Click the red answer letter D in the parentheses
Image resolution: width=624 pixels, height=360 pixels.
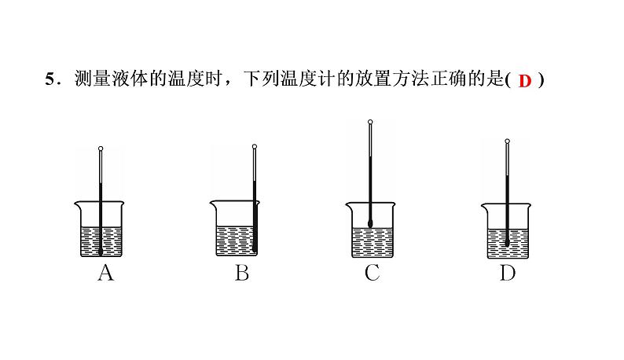coord(526,81)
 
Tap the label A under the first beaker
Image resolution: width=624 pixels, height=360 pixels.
coord(105,274)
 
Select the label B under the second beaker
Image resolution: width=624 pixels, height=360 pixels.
coord(241,274)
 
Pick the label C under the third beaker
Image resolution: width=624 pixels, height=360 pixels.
coord(373,274)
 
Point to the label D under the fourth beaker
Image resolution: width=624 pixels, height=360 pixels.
coord(507,274)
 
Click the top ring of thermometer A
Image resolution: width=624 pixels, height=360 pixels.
coord(101,148)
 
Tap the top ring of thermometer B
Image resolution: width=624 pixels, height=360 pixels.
coord(254,146)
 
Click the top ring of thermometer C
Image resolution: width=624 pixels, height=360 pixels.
coord(370,122)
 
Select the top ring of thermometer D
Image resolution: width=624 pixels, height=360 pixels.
coord(507,142)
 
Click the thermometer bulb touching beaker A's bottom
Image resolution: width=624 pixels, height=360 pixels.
coord(101,251)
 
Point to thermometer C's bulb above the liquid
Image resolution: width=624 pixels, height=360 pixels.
coord(370,221)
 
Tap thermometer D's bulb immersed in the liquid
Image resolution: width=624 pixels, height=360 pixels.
coord(507,241)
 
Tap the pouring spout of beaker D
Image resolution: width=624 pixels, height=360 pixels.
coord(483,205)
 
